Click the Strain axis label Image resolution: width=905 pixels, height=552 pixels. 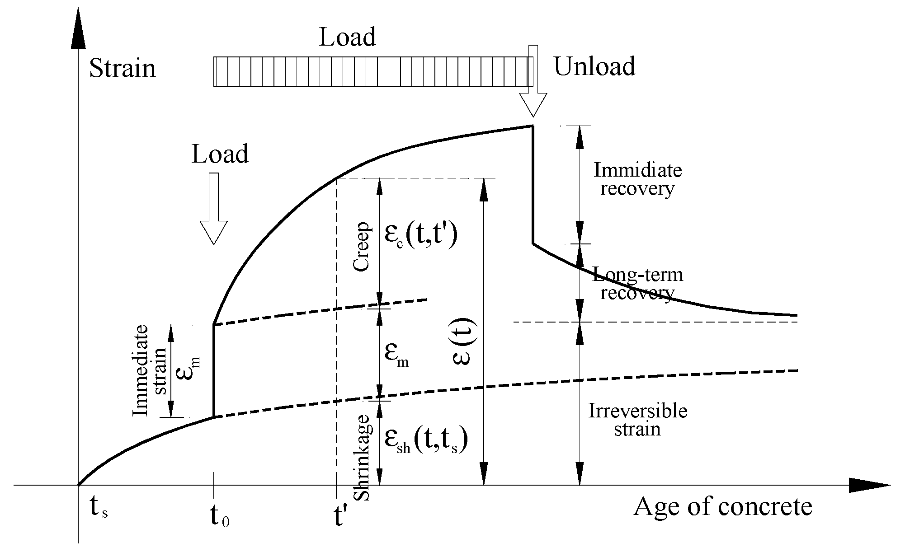[122, 69]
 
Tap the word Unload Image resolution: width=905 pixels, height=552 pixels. [594, 66]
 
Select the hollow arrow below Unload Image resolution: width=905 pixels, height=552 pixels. [533, 86]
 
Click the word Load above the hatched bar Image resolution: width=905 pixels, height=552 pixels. [347, 37]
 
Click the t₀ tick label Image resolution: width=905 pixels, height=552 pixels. [220, 518]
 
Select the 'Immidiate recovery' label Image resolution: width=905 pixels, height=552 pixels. [637, 179]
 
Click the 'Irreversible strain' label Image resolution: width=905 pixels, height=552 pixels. [637, 420]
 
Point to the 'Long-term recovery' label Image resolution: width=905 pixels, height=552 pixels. [637, 284]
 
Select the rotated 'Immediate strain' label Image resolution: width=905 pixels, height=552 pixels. [149, 370]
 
